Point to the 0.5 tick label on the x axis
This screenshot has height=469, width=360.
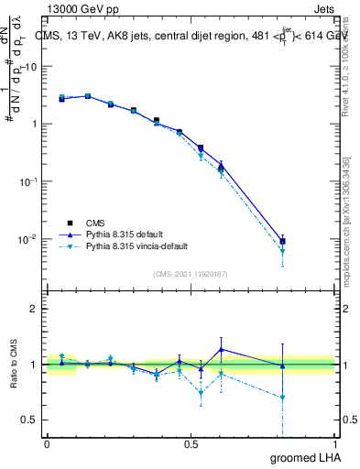(191, 442)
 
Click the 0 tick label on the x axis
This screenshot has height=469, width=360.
(47, 442)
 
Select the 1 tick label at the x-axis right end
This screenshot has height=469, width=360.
(334, 442)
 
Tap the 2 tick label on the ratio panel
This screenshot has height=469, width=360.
(33, 309)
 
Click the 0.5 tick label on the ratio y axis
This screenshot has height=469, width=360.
(28, 420)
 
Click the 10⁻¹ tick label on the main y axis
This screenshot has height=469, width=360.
(28, 181)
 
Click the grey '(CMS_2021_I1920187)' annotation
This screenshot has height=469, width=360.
(191, 272)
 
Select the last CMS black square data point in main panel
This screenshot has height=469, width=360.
(283, 241)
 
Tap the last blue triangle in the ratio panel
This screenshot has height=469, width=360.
(283, 366)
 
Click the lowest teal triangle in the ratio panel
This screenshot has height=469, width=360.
(283, 398)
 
